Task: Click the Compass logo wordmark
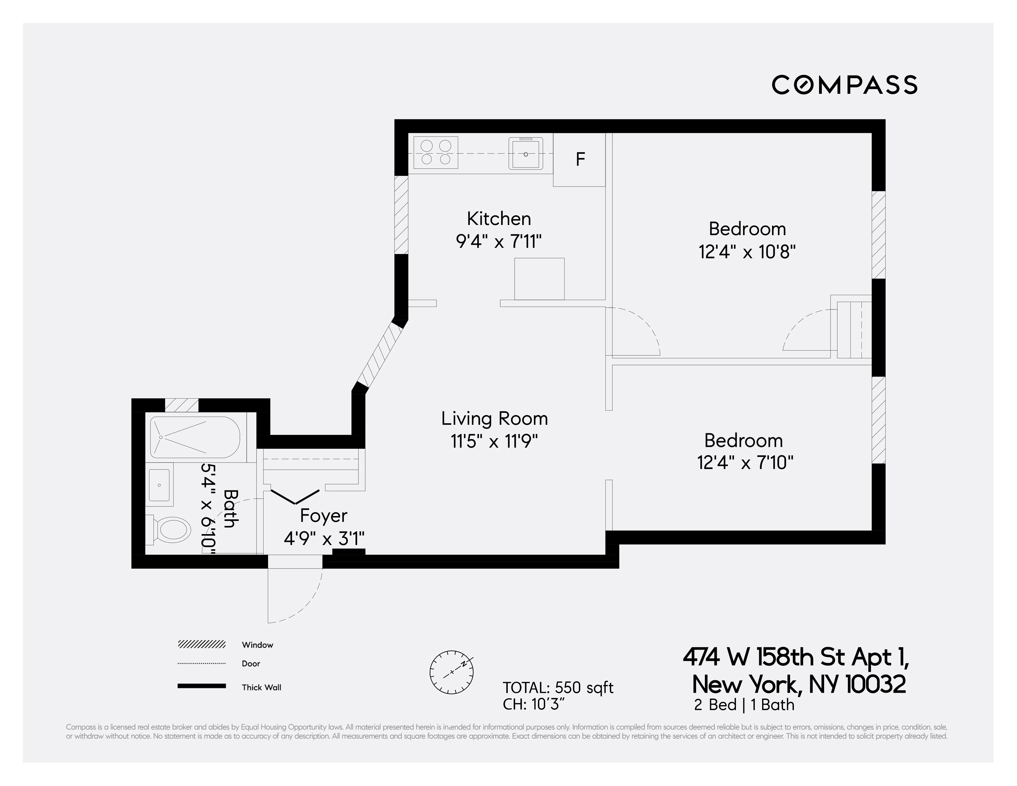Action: pyautogui.click(x=844, y=85)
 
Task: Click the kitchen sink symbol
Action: pyautogui.click(x=525, y=153)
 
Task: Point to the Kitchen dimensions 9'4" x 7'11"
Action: pyautogui.click(x=499, y=241)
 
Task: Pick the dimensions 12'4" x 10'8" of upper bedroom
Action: pyautogui.click(x=747, y=252)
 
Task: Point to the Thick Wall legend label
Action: pyautogui.click(x=261, y=687)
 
